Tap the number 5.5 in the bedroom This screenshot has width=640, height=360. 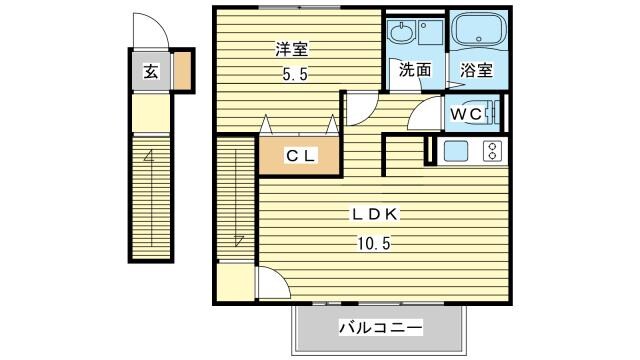(x=290, y=72)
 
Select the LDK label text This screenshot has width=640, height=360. (x=374, y=214)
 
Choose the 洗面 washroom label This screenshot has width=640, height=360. (x=415, y=70)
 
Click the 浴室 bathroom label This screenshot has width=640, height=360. (x=476, y=70)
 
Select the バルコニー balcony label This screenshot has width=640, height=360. (x=379, y=328)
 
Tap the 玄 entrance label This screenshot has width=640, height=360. (x=149, y=72)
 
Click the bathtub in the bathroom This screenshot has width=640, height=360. (x=477, y=31)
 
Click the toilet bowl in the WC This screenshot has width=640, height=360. (x=490, y=114)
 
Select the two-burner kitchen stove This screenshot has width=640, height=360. (x=491, y=152)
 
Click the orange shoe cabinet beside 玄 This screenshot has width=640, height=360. (x=183, y=72)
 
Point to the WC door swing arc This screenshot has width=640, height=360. (x=424, y=113)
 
